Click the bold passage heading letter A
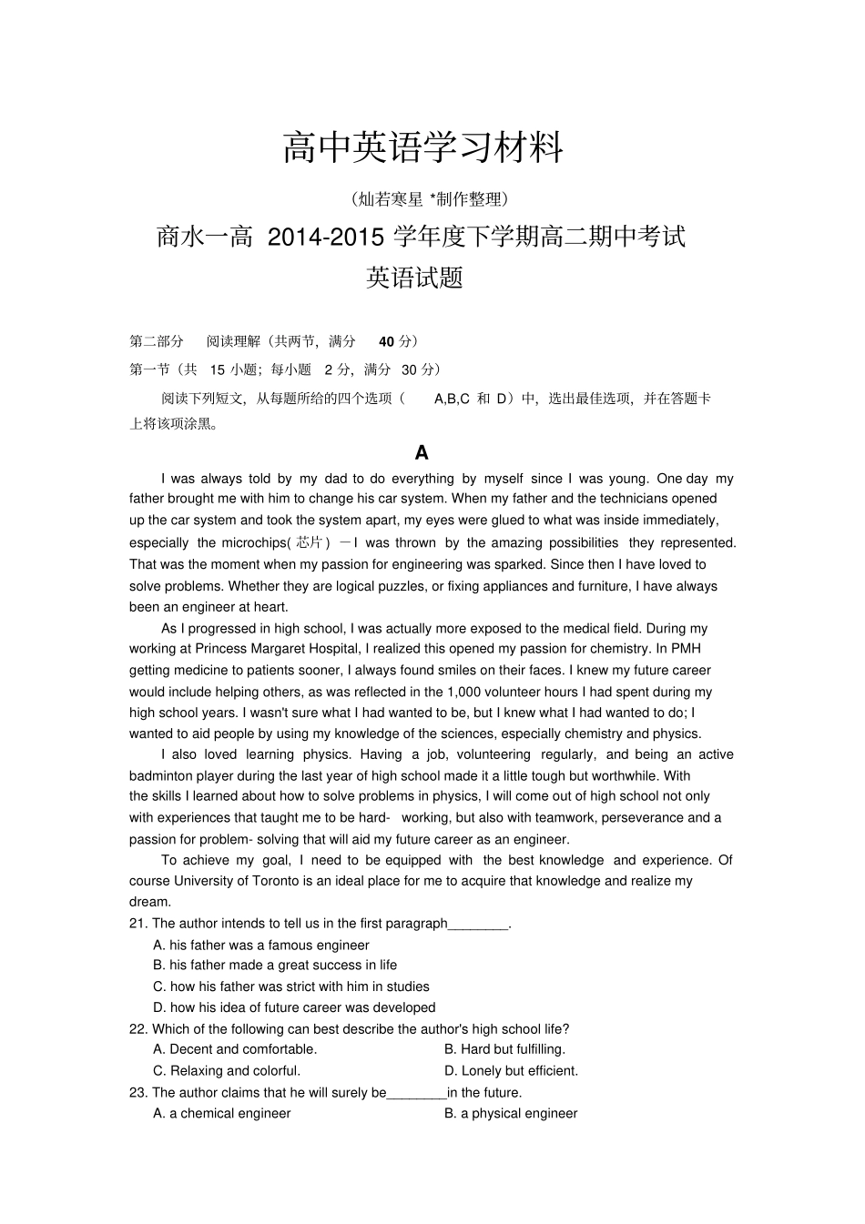point(421,452)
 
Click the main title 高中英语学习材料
point(423,147)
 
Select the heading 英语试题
point(414,278)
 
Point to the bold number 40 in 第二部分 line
point(386,341)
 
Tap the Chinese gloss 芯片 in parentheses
point(310,543)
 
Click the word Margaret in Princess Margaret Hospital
point(281,649)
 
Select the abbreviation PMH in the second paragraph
point(685,649)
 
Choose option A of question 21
point(261,946)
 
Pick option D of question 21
point(294,1007)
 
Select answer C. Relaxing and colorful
point(227,1071)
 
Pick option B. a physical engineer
point(511,1113)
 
